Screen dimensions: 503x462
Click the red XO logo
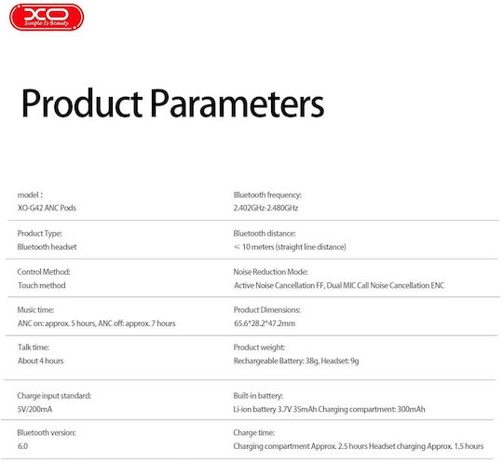(x=47, y=17)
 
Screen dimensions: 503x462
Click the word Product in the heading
(x=82, y=103)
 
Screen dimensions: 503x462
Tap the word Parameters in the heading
(x=238, y=103)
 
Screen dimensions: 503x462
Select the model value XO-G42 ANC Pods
(x=47, y=208)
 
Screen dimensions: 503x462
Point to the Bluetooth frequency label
(x=267, y=195)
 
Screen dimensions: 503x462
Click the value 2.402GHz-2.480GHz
(x=265, y=208)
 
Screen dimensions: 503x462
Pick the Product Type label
(x=39, y=234)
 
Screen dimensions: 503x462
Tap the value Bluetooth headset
(x=48, y=247)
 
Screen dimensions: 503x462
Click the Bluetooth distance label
(x=265, y=234)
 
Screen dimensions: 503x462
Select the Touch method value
(x=42, y=285)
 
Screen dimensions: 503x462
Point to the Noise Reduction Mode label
(x=271, y=272)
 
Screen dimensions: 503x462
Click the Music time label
(x=35, y=310)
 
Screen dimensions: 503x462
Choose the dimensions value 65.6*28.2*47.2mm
(x=265, y=323)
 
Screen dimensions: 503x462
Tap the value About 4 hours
(x=41, y=361)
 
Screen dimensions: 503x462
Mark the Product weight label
(x=259, y=347)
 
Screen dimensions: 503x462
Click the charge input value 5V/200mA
(x=34, y=410)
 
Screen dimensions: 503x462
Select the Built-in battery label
(x=258, y=396)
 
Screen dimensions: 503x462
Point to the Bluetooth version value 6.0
(x=22, y=446)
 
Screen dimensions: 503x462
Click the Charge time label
(x=254, y=433)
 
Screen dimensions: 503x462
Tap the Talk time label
(x=34, y=347)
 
